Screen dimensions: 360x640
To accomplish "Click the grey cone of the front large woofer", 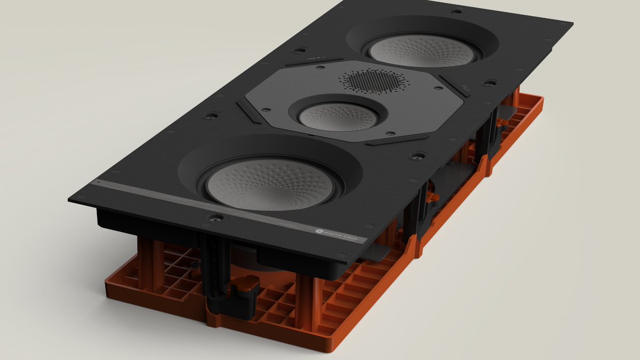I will click(270, 183).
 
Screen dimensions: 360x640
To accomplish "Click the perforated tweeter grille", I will click(371, 82).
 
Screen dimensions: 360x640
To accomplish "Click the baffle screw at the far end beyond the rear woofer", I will click(455, 11).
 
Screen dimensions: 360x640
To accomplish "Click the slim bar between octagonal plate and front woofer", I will click(397, 140).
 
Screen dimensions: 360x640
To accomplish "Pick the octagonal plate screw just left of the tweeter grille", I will click(322, 69).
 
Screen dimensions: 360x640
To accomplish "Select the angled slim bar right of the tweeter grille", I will click(454, 85).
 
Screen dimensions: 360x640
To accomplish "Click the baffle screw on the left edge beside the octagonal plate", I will click(212, 115).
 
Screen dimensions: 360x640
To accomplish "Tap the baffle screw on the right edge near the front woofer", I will click(418, 156).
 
